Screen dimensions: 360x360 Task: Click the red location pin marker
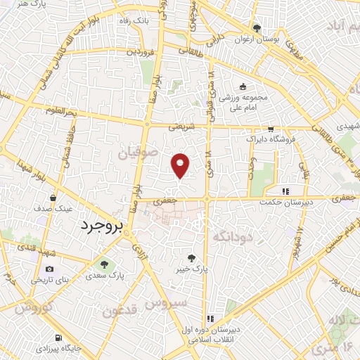[x=181, y=164]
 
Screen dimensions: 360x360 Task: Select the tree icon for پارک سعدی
[x=104, y=264]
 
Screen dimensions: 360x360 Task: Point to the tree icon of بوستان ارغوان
[x=257, y=29]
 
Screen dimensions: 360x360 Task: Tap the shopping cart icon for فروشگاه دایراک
[x=271, y=129]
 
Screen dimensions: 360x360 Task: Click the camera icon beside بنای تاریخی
[x=49, y=269]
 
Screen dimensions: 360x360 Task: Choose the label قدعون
[x=117, y=311]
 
